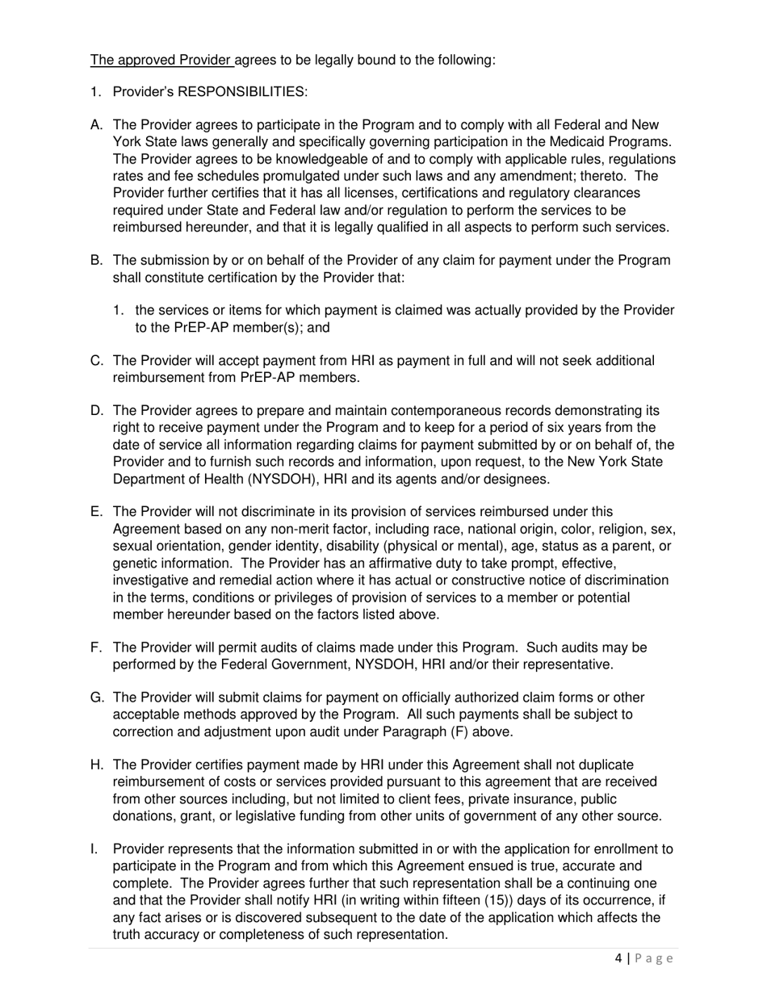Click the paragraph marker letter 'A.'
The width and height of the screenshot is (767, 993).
click(97, 125)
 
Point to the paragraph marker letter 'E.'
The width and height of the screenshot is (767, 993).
click(97, 512)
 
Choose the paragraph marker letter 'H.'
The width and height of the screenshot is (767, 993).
click(97, 765)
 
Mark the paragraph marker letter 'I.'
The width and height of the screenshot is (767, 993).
click(94, 849)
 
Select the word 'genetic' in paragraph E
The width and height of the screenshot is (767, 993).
click(135, 563)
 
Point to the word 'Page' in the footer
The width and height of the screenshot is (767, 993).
click(653, 958)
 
